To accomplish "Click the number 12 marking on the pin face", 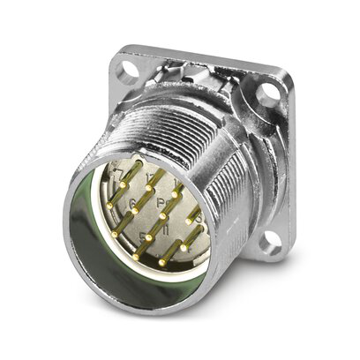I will coord(148,180).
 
